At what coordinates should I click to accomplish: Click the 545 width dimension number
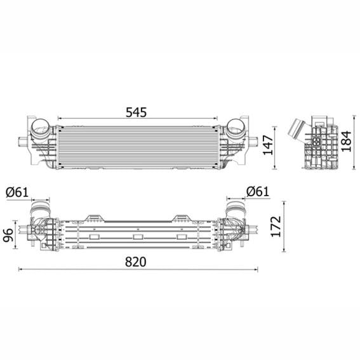pyautogui.click(x=136, y=112)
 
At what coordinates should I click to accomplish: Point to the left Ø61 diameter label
pyautogui.click(x=18, y=192)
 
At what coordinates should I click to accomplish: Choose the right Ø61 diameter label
pyautogui.click(x=258, y=191)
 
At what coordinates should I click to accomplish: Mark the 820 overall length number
pyautogui.click(x=136, y=262)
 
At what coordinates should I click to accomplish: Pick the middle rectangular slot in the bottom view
pyautogui.click(x=138, y=237)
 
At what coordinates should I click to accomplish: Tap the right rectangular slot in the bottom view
pyautogui.click(x=182, y=237)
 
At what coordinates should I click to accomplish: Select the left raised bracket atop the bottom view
pyautogui.click(x=94, y=217)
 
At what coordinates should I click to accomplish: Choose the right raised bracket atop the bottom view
pyautogui.click(x=182, y=217)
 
